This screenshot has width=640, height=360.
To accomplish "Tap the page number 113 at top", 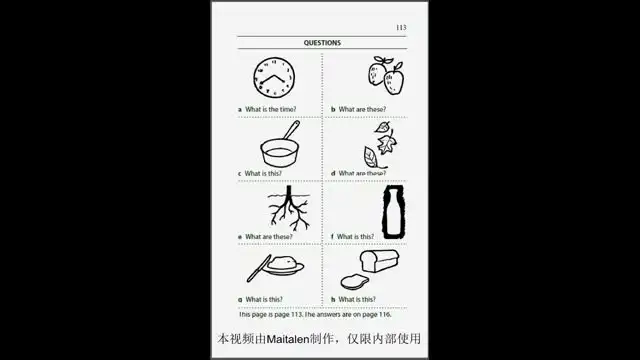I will point(401,28).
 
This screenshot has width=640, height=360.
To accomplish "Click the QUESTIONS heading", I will point(322,43).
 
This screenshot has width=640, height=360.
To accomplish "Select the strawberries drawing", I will point(385,75).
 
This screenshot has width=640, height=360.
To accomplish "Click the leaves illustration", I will point(379,146).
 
